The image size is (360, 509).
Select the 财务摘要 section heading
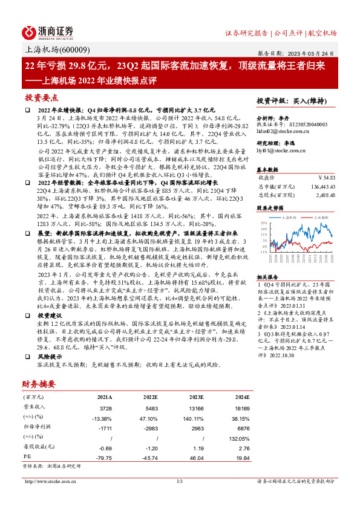pyautogui.click(x=39, y=383)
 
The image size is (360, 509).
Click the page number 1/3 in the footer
pyautogui.click(x=179, y=481)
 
